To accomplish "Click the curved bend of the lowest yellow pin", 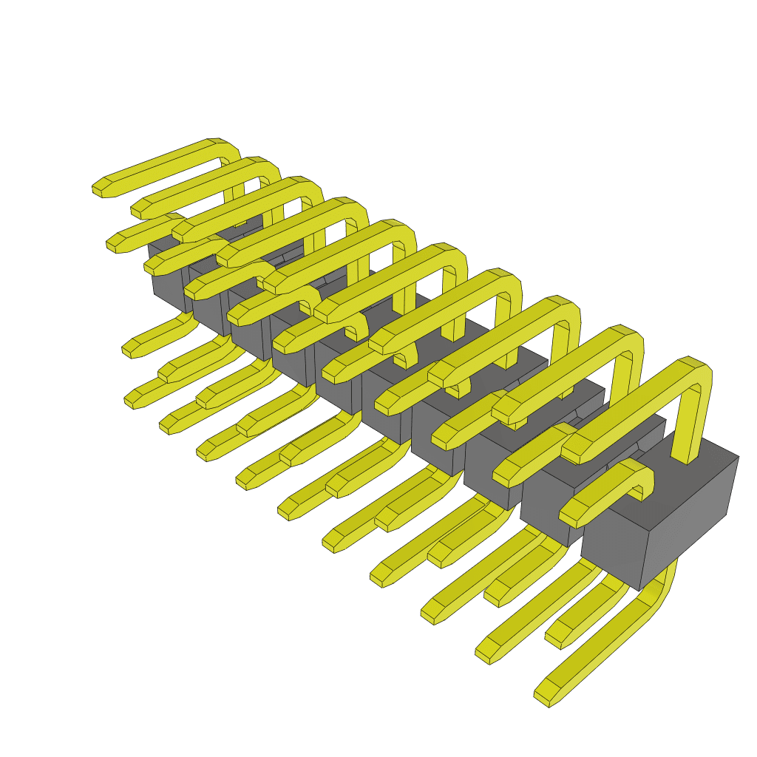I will tap(662, 584).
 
